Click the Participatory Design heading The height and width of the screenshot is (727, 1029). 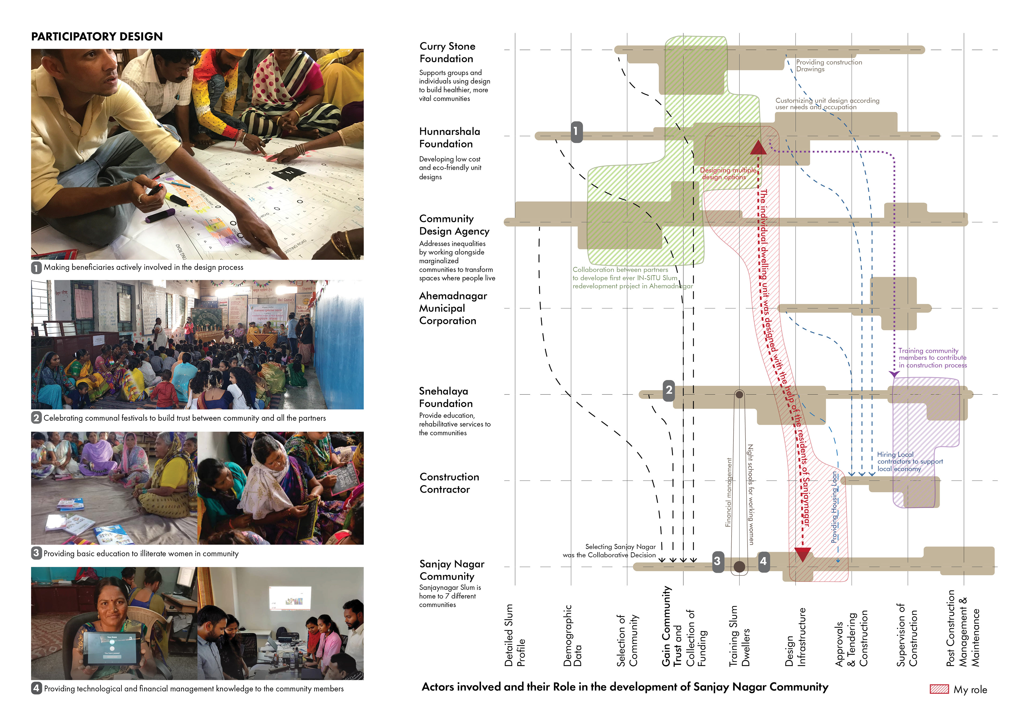(97, 36)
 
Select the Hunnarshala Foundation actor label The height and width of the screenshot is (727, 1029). (449, 138)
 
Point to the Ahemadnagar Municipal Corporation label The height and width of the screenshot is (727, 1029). (453, 308)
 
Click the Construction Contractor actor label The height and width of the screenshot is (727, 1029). (449, 483)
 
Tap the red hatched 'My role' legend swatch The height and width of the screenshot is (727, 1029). (939, 689)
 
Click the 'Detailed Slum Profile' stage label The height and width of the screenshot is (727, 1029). (514, 635)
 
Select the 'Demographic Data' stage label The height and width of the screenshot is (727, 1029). (572, 635)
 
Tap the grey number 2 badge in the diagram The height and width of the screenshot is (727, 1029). (669, 390)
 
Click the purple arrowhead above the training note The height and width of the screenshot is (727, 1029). (894, 374)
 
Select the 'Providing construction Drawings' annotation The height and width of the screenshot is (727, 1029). (829, 65)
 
